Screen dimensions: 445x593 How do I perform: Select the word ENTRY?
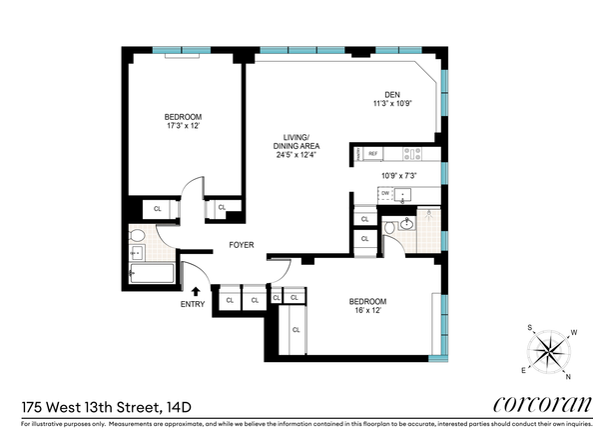tap(194, 304)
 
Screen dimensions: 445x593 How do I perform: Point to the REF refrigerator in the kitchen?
tap(372, 154)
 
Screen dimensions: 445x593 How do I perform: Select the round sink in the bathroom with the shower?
tap(406, 225)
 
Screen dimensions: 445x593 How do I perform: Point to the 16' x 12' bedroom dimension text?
tap(366, 311)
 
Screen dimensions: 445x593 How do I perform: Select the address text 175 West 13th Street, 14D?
tap(103, 406)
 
